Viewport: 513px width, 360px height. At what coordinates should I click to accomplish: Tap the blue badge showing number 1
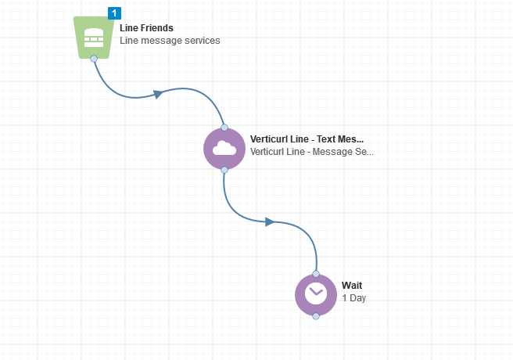click(114, 13)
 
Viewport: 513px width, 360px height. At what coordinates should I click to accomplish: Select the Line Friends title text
click(146, 28)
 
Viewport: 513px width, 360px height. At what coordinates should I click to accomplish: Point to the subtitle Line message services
click(170, 41)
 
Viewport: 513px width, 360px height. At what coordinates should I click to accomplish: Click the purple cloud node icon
click(224, 148)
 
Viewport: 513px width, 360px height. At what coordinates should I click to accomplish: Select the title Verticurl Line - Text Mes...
click(307, 139)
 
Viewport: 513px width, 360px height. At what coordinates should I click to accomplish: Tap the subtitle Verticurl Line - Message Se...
click(311, 151)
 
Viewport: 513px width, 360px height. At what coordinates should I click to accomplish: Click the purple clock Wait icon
click(315, 294)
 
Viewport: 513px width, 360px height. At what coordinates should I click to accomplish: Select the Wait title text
click(352, 285)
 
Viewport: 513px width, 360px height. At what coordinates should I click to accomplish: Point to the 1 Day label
click(353, 297)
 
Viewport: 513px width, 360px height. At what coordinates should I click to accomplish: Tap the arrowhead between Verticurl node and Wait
click(268, 221)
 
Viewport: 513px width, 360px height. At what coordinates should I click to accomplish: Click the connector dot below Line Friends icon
click(94, 58)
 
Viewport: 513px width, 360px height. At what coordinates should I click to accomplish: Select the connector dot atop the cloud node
click(224, 127)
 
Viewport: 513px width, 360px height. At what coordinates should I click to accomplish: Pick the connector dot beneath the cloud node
click(224, 169)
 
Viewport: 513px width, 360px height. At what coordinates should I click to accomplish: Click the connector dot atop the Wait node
click(315, 274)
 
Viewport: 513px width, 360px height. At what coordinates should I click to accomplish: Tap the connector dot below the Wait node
click(315, 316)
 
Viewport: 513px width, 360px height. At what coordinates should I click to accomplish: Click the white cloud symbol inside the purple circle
click(224, 148)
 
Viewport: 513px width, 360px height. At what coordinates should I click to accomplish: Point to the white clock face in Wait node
click(315, 294)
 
